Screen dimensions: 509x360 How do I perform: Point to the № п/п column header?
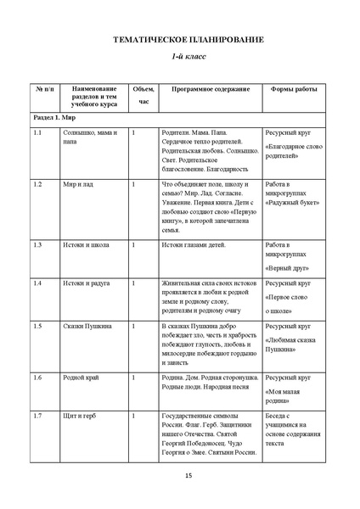coord(44,88)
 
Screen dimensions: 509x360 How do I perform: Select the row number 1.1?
coord(38,133)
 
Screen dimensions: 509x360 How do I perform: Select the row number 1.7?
coord(38,415)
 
